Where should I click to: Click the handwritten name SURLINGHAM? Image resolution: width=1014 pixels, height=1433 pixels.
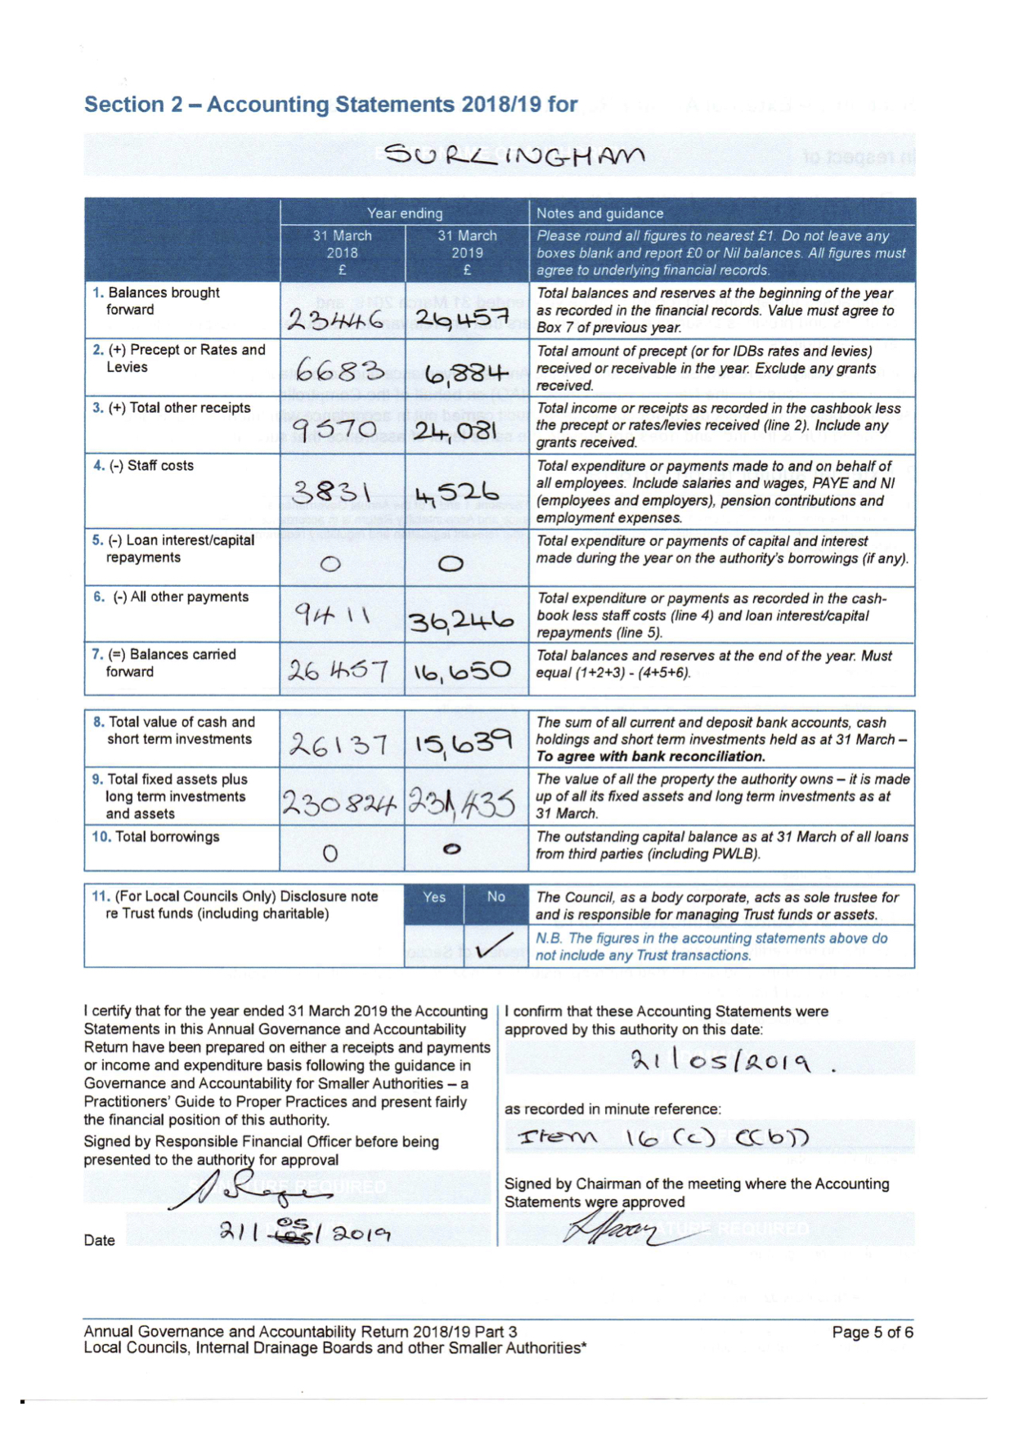(514, 154)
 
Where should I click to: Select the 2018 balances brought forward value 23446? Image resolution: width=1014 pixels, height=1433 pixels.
(335, 319)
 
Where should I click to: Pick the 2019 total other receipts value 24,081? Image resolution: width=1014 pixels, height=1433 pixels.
(465, 430)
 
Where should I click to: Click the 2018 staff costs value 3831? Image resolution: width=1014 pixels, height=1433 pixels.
(332, 492)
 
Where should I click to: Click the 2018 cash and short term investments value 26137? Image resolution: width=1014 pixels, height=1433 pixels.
(337, 743)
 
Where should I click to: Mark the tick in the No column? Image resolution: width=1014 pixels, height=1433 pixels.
(495, 945)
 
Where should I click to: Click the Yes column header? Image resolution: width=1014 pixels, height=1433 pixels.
(434, 897)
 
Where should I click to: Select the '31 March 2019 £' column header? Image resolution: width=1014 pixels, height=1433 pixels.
(467, 253)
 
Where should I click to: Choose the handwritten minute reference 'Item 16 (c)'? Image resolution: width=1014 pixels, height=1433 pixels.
(662, 1138)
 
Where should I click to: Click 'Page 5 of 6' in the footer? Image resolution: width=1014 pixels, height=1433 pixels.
(872, 1332)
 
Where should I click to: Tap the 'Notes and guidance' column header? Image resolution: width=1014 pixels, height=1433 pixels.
(599, 213)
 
